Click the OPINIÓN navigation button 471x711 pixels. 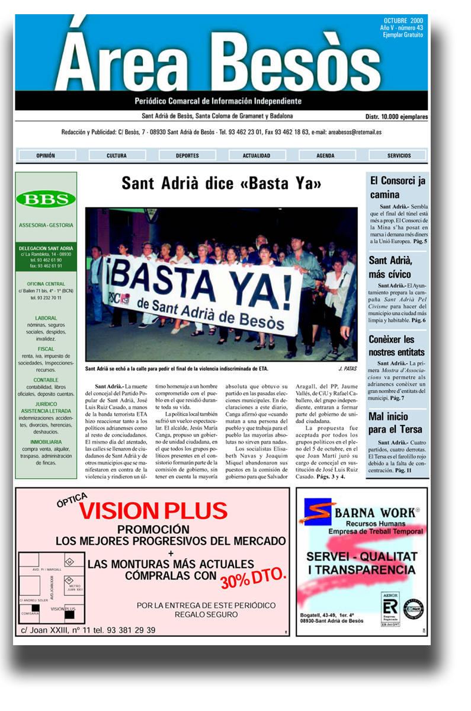tap(46, 156)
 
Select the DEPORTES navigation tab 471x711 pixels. tap(187, 156)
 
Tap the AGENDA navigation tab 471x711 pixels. tap(325, 156)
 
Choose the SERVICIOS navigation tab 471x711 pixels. tap(399, 156)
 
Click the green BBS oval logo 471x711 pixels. tap(46, 199)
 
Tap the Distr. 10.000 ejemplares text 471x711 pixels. tap(396, 117)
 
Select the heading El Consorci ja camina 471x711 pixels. tap(398, 188)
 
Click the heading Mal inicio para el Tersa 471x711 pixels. tap(395, 423)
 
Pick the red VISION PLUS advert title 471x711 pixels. tap(153, 511)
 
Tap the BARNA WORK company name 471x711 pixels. tap(377, 513)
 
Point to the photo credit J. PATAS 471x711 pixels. tap(348, 369)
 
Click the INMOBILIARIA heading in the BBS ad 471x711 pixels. tap(46, 442)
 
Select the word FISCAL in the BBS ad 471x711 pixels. tap(46, 349)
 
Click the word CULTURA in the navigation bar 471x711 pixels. tap(117, 156)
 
